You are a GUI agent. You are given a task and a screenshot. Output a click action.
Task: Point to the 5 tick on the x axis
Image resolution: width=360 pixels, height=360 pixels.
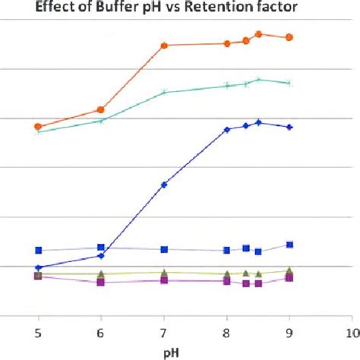38,332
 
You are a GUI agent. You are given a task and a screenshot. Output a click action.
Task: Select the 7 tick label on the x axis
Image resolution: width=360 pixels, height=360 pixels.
164,332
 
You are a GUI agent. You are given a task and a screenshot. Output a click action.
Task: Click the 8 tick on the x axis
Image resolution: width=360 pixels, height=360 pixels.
226,332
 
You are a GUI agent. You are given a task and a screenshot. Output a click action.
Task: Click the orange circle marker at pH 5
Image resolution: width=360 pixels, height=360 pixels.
38,126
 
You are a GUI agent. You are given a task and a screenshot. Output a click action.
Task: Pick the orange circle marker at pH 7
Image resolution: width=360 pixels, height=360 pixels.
164,46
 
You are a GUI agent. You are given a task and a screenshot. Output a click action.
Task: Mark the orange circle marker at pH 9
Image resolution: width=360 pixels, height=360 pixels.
289,37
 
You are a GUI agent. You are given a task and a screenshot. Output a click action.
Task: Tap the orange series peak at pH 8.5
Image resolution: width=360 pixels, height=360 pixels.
258,34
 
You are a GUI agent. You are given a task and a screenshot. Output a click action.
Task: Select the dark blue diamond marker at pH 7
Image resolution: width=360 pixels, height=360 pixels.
164,185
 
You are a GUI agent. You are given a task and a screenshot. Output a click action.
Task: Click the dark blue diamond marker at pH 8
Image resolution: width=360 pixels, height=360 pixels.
226,130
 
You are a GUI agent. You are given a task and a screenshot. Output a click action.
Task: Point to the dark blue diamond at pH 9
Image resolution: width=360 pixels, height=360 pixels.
289,127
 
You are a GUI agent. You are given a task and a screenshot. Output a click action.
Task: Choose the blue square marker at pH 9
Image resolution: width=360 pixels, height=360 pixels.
289,245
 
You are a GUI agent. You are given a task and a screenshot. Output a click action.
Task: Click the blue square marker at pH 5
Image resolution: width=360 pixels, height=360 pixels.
38,250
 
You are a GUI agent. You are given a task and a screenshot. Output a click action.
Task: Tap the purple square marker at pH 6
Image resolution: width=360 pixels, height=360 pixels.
101,282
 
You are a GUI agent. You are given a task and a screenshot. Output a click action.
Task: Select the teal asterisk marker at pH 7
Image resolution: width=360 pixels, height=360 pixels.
164,93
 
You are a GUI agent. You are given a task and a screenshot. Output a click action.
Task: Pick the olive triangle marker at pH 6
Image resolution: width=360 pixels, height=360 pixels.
101,273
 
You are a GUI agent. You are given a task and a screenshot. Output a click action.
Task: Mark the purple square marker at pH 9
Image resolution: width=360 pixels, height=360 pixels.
289,278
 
